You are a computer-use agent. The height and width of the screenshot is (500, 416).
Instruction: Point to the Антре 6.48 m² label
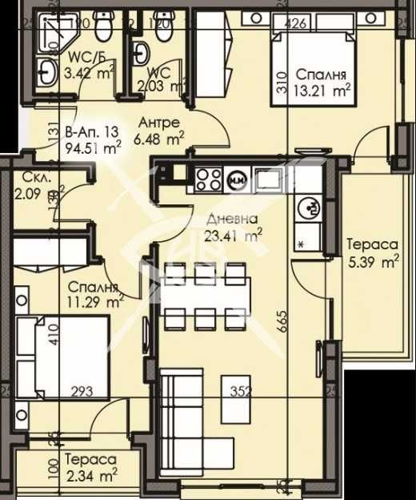(x=159, y=131)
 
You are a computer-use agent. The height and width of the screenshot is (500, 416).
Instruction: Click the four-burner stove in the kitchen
(x=208, y=177)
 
